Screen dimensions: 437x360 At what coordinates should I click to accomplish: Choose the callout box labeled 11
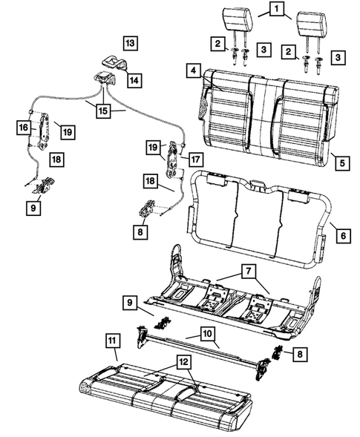tap(111, 341)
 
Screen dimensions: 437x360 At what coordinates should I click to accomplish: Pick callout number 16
tap(24, 128)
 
